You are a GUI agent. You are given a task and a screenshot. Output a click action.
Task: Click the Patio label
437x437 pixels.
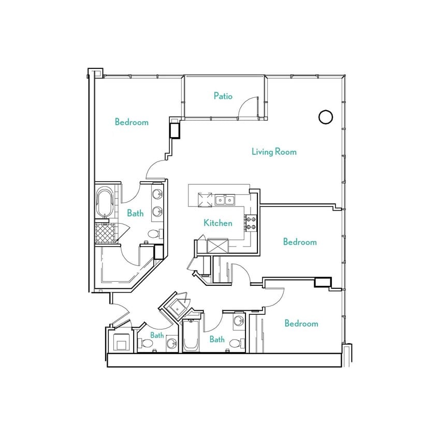pyautogui.click(x=223, y=96)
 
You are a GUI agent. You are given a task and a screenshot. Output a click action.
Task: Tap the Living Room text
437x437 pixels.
pyautogui.click(x=274, y=152)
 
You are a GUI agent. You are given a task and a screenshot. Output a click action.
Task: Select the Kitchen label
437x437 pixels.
pyautogui.click(x=217, y=223)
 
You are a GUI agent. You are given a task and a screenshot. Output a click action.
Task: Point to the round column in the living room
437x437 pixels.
pyautogui.click(x=325, y=118)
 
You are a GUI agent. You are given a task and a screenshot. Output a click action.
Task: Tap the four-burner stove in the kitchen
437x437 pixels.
pyautogui.click(x=251, y=223)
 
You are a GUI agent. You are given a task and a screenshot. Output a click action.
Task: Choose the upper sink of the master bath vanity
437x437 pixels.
pyautogui.click(x=158, y=195)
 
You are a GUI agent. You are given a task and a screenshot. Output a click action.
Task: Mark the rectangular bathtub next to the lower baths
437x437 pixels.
pyautogui.click(x=190, y=337)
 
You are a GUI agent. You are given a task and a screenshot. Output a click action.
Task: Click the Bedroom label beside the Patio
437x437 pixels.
pyautogui.click(x=132, y=122)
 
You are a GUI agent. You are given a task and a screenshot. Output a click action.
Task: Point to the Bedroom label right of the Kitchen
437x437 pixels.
pyautogui.click(x=300, y=242)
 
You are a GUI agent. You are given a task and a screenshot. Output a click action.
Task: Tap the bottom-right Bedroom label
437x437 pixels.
pyautogui.click(x=301, y=324)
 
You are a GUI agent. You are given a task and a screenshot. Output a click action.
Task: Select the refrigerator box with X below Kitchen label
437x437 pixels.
pyautogui.click(x=217, y=245)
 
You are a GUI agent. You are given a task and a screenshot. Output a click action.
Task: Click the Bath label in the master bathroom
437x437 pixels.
pyautogui.click(x=135, y=213)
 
